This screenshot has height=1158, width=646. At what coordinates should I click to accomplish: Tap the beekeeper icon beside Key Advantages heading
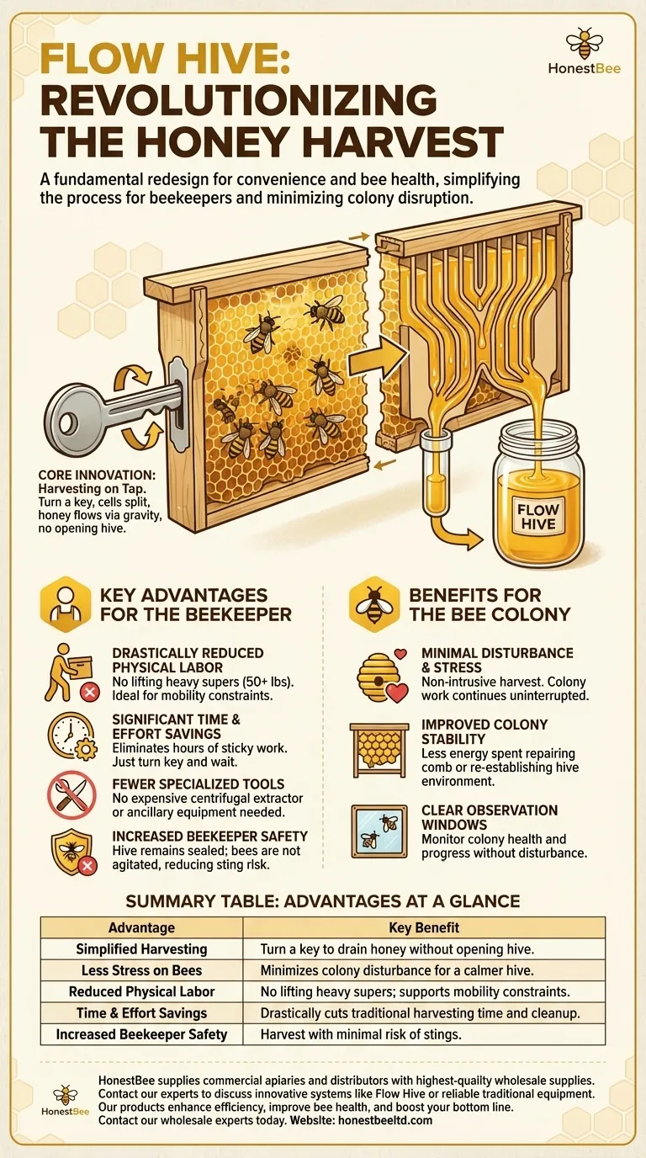pos(63,605)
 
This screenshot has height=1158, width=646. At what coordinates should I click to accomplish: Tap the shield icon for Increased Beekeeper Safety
pos(66,858)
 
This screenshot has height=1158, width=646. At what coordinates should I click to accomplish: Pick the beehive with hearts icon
pos(378,677)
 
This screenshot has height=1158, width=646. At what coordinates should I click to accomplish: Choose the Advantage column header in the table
pos(141,927)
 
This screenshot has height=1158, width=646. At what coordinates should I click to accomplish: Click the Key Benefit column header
pos(423,927)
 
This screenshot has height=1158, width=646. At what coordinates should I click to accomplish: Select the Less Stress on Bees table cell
pos(141,970)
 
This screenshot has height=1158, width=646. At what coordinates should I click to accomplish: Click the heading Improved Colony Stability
pos(484,732)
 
